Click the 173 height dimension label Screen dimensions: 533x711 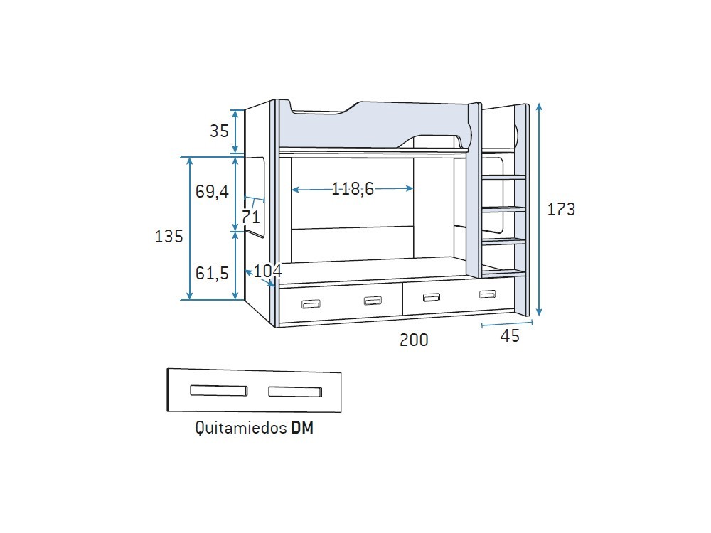click(561, 210)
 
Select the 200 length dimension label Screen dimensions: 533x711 click(414, 340)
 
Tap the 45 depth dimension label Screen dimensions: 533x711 click(510, 336)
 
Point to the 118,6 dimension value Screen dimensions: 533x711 click(353, 189)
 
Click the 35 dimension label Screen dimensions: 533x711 click(219, 131)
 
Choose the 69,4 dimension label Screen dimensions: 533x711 click(212, 192)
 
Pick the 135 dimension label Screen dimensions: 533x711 click(169, 237)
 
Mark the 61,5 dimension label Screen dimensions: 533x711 click(212, 273)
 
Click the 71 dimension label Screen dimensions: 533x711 click(250, 217)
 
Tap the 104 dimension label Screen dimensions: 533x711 click(268, 271)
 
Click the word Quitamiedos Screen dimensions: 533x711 click(240, 429)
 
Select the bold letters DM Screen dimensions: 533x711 click(302, 429)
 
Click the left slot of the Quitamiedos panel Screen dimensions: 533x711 click(218, 390)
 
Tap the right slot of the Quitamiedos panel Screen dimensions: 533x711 click(295, 391)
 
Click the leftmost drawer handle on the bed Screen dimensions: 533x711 click(311, 304)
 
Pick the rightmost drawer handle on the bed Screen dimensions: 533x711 click(487, 294)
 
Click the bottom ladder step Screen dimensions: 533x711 click(503, 272)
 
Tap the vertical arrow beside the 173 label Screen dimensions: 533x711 click(540, 210)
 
